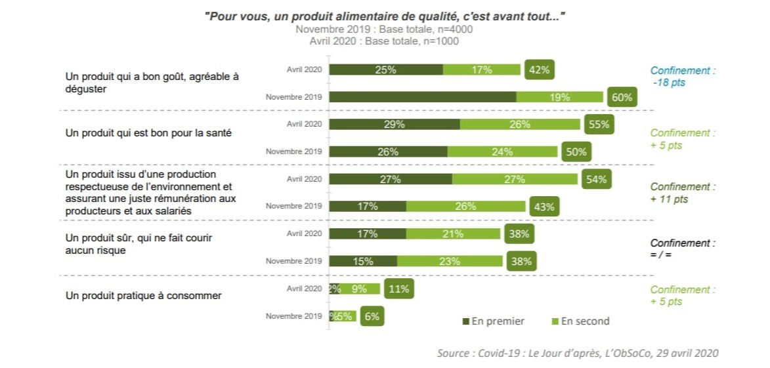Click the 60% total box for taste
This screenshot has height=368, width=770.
(622, 98)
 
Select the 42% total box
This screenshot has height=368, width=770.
(540, 70)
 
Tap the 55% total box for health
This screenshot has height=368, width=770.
(597, 124)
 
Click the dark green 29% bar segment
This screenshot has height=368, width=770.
(394, 124)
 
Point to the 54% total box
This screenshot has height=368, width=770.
(595, 179)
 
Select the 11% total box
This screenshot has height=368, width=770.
(398, 289)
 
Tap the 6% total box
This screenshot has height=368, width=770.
(372, 316)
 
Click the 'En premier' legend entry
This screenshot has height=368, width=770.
(494, 321)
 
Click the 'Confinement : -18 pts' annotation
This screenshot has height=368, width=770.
(683, 77)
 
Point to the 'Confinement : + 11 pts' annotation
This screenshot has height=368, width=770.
(683, 193)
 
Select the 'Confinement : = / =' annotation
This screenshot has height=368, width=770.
(683, 249)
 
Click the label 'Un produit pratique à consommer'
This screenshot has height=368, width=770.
(144, 295)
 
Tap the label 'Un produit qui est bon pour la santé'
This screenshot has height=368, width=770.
(149, 133)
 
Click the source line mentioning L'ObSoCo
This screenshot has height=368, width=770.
(578, 353)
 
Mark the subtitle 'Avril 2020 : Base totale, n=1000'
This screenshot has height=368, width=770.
(384, 41)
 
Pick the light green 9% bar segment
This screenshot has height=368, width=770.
(360, 289)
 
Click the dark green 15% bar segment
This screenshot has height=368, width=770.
(362, 261)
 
